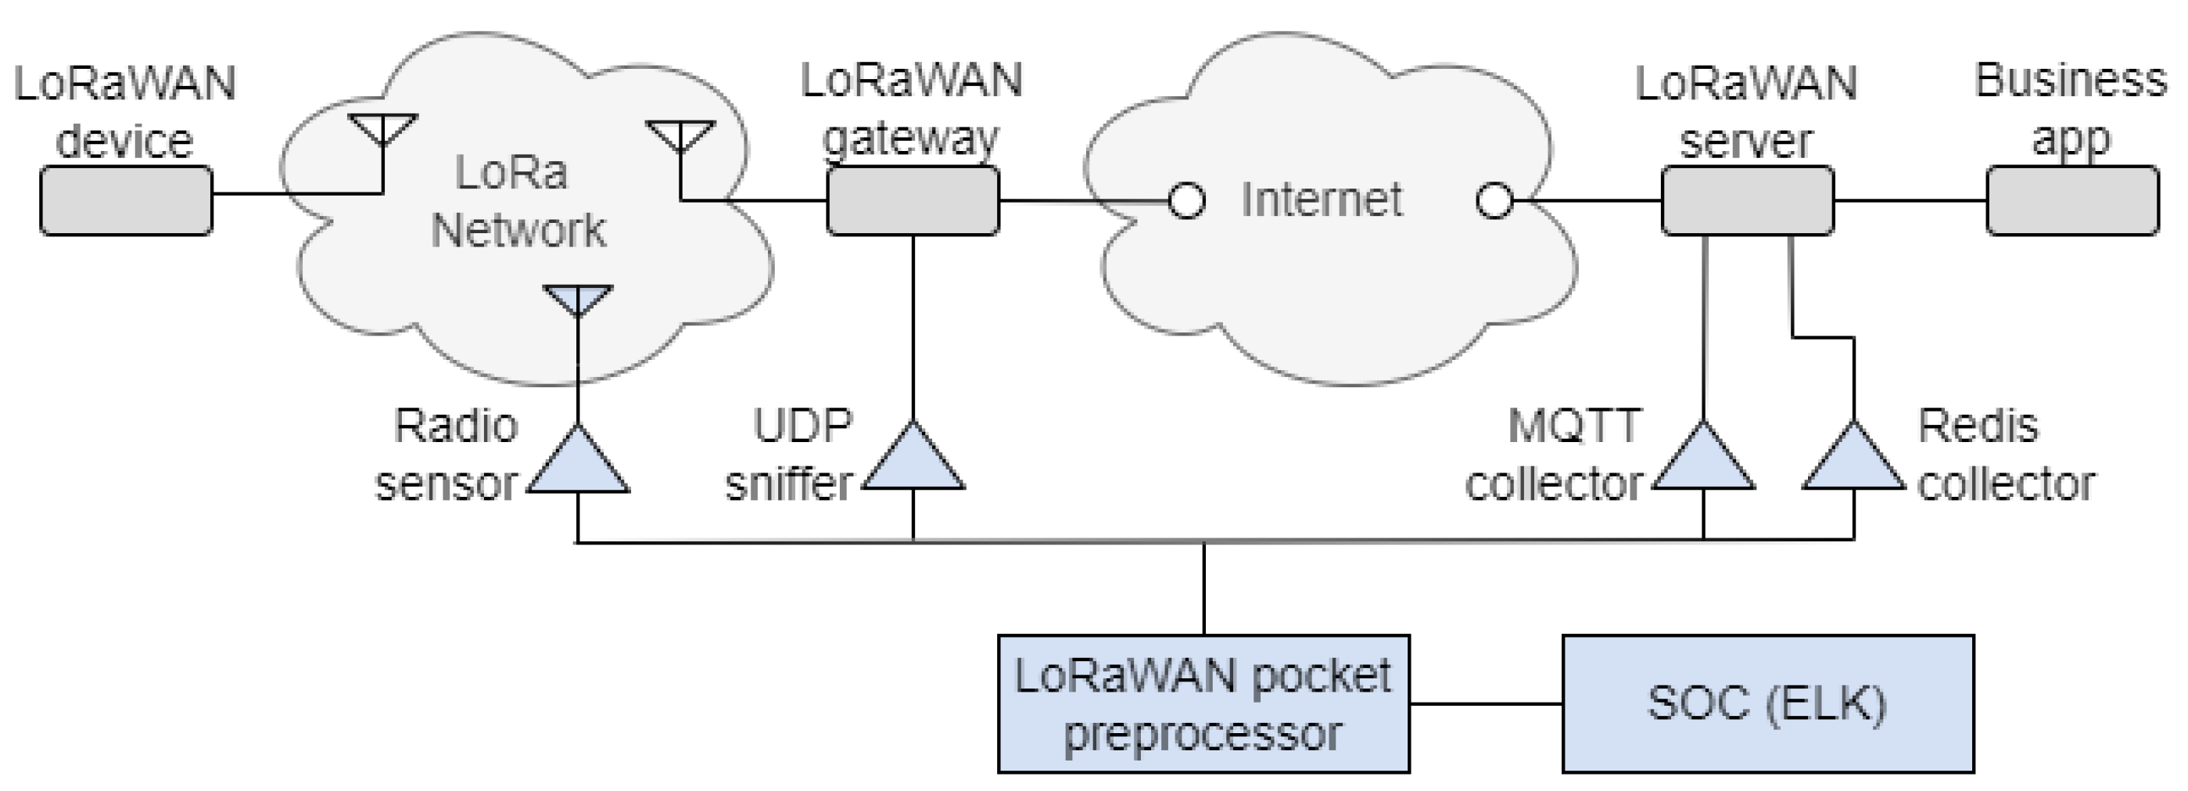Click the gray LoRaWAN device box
(126, 200)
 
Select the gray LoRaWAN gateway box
(913, 200)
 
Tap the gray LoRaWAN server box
(1747, 200)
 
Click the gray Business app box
(2071, 200)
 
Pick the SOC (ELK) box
(1767, 703)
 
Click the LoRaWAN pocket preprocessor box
(1203, 703)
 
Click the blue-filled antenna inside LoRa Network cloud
(578, 298)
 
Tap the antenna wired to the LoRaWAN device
(383, 128)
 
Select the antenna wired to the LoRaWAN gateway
(680, 133)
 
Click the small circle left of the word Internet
(1186, 201)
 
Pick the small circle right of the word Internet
(1494, 201)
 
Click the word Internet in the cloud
(1321, 200)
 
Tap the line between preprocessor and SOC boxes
(1486, 703)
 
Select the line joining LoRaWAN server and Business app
(1910, 201)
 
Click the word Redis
(1978, 426)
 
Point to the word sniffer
(789, 484)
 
